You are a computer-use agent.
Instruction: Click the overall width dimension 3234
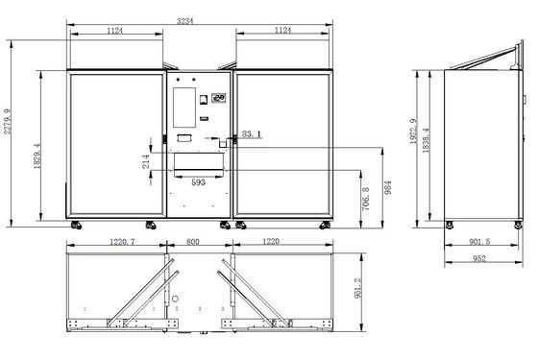click(184, 21)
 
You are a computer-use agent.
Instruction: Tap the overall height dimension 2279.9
click(8, 122)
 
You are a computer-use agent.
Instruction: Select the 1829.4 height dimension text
click(37, 156)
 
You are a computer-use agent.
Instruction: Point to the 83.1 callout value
click(251, 133)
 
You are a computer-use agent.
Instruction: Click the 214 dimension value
click(146, 161)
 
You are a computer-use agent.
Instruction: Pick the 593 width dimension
click(198, 182)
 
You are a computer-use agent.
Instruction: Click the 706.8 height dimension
click(366, 199)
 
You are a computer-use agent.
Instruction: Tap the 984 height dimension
click(388, 188)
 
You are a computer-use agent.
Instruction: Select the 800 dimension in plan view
click(193, 242)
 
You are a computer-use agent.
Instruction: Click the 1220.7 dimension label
click(123, 242)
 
